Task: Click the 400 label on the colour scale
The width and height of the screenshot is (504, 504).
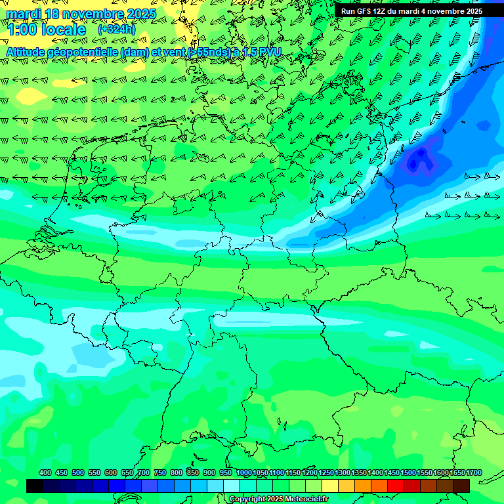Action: tap(45, 472)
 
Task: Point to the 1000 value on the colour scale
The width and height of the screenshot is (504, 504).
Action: tap(244, 472)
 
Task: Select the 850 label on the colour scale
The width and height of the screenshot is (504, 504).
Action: tap(193, 472)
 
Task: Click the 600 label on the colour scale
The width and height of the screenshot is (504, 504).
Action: tap(111, 472)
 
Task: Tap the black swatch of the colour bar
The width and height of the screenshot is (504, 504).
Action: tap(35, 486)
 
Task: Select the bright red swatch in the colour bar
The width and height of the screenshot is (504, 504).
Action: tap(396, 486)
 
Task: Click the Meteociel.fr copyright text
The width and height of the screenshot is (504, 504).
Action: tap(278, 499)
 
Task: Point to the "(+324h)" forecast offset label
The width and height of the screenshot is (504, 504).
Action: tap(116, 30)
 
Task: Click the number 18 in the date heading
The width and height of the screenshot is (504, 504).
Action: tap(53, 14)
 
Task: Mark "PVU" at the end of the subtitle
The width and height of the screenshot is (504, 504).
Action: tap(270, 52)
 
